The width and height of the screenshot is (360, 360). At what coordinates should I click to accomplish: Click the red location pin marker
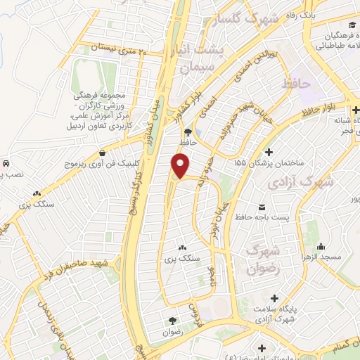pos(181,166)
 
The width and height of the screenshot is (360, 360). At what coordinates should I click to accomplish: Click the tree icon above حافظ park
pos(186,131)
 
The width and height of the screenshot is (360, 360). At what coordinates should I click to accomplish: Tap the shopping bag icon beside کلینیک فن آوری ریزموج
pos(103,153)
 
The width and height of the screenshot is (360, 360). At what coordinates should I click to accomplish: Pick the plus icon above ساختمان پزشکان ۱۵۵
pos(268,152)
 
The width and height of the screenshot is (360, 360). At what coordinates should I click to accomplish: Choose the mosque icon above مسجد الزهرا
pos(321,246)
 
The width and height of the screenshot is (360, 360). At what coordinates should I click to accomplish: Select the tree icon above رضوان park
pos(169,321)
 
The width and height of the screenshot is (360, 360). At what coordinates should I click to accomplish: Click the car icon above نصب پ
pos(6,163)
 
